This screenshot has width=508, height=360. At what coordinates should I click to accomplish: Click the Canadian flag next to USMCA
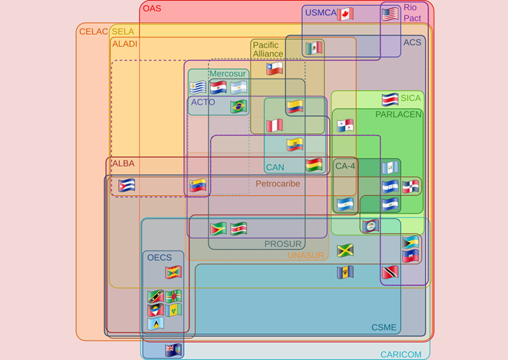[x=345, y=14]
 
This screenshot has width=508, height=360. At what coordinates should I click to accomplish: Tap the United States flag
[x=390, y=14]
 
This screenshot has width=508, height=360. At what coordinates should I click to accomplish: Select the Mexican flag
[x=313, y=48]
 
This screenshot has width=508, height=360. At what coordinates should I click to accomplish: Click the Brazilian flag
[x=239, y=107]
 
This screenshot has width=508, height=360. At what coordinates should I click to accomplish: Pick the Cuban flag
[x=127, y=185]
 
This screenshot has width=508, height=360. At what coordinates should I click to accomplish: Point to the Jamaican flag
[x=345, y=251]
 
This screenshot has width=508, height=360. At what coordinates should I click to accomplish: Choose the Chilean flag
[x=275, y=69]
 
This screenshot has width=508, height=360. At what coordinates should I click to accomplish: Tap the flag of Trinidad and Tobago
[x=390, y=273]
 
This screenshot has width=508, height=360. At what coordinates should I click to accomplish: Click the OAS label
[x=152, y=9]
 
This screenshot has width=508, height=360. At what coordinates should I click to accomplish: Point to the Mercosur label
[x=228, y=73]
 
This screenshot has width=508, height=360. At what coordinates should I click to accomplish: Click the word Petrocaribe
[x=277, y=184]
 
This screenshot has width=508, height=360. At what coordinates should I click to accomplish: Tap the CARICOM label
[x=401, y=354]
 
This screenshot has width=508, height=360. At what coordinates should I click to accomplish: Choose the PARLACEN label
[x=398, y=114]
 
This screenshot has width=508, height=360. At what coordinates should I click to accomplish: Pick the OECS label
[x=159, y=257]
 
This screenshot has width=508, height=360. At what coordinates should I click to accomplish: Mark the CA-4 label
[x=345, y=166]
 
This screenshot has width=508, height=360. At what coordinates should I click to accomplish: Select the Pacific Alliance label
[x=267, y=50]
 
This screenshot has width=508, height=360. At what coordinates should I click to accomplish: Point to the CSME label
[x=384, y=328]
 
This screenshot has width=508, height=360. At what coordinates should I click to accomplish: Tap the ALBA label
[x=122, y=163]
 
